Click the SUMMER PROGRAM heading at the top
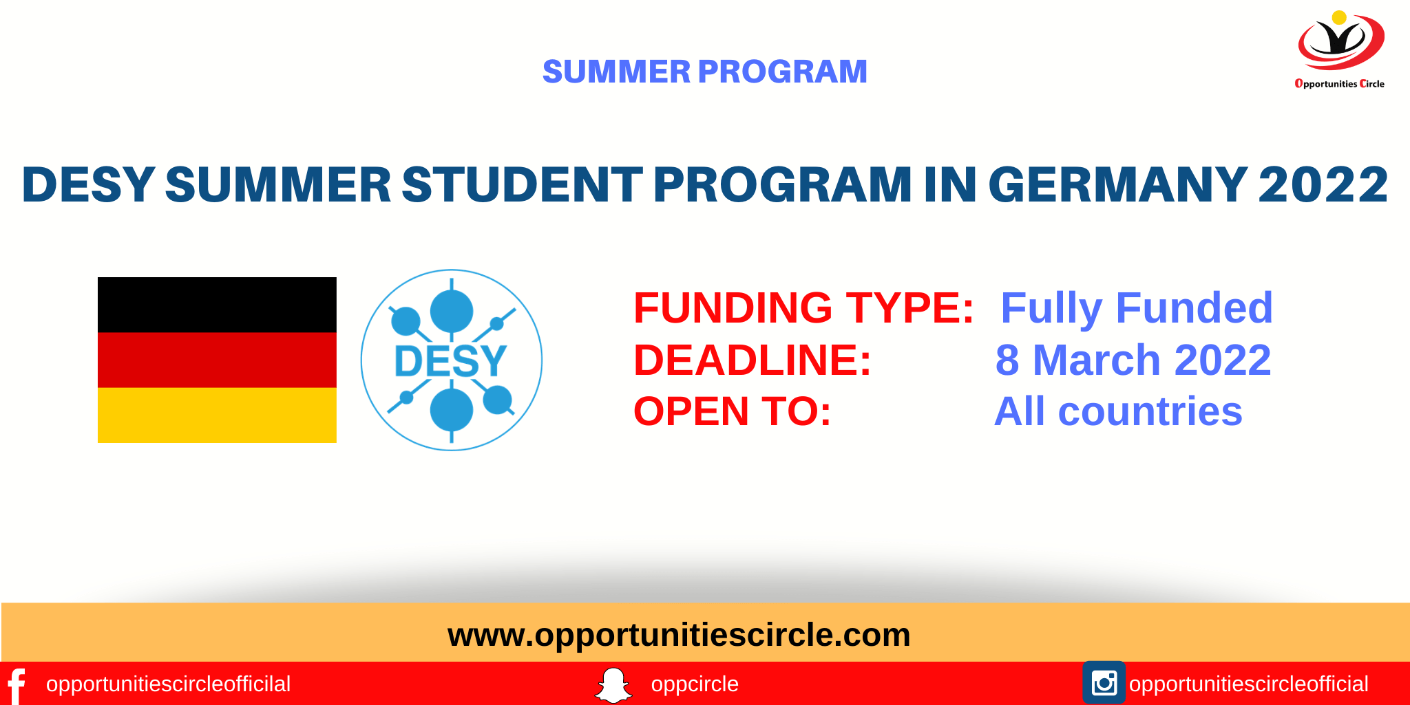point(704,72)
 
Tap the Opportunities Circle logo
point(1340,50)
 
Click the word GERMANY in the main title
point(1117,184)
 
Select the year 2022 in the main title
point(1323,184)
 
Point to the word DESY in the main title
point(88,184)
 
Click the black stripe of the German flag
point(217,305)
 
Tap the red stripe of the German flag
point(217,360)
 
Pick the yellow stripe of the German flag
point(217,415)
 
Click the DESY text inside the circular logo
point(451,361)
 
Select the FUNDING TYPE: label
point(803,307)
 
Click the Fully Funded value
point(1137,307)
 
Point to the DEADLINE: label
point(753,360)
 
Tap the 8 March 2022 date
point(1133,360)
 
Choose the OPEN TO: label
point(733,411)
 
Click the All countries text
point(1119,411)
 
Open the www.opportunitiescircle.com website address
point(679,635)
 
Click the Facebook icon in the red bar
point(17,686)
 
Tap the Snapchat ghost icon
point(613,685)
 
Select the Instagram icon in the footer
point(1104,683)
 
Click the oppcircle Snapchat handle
point(695,684)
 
